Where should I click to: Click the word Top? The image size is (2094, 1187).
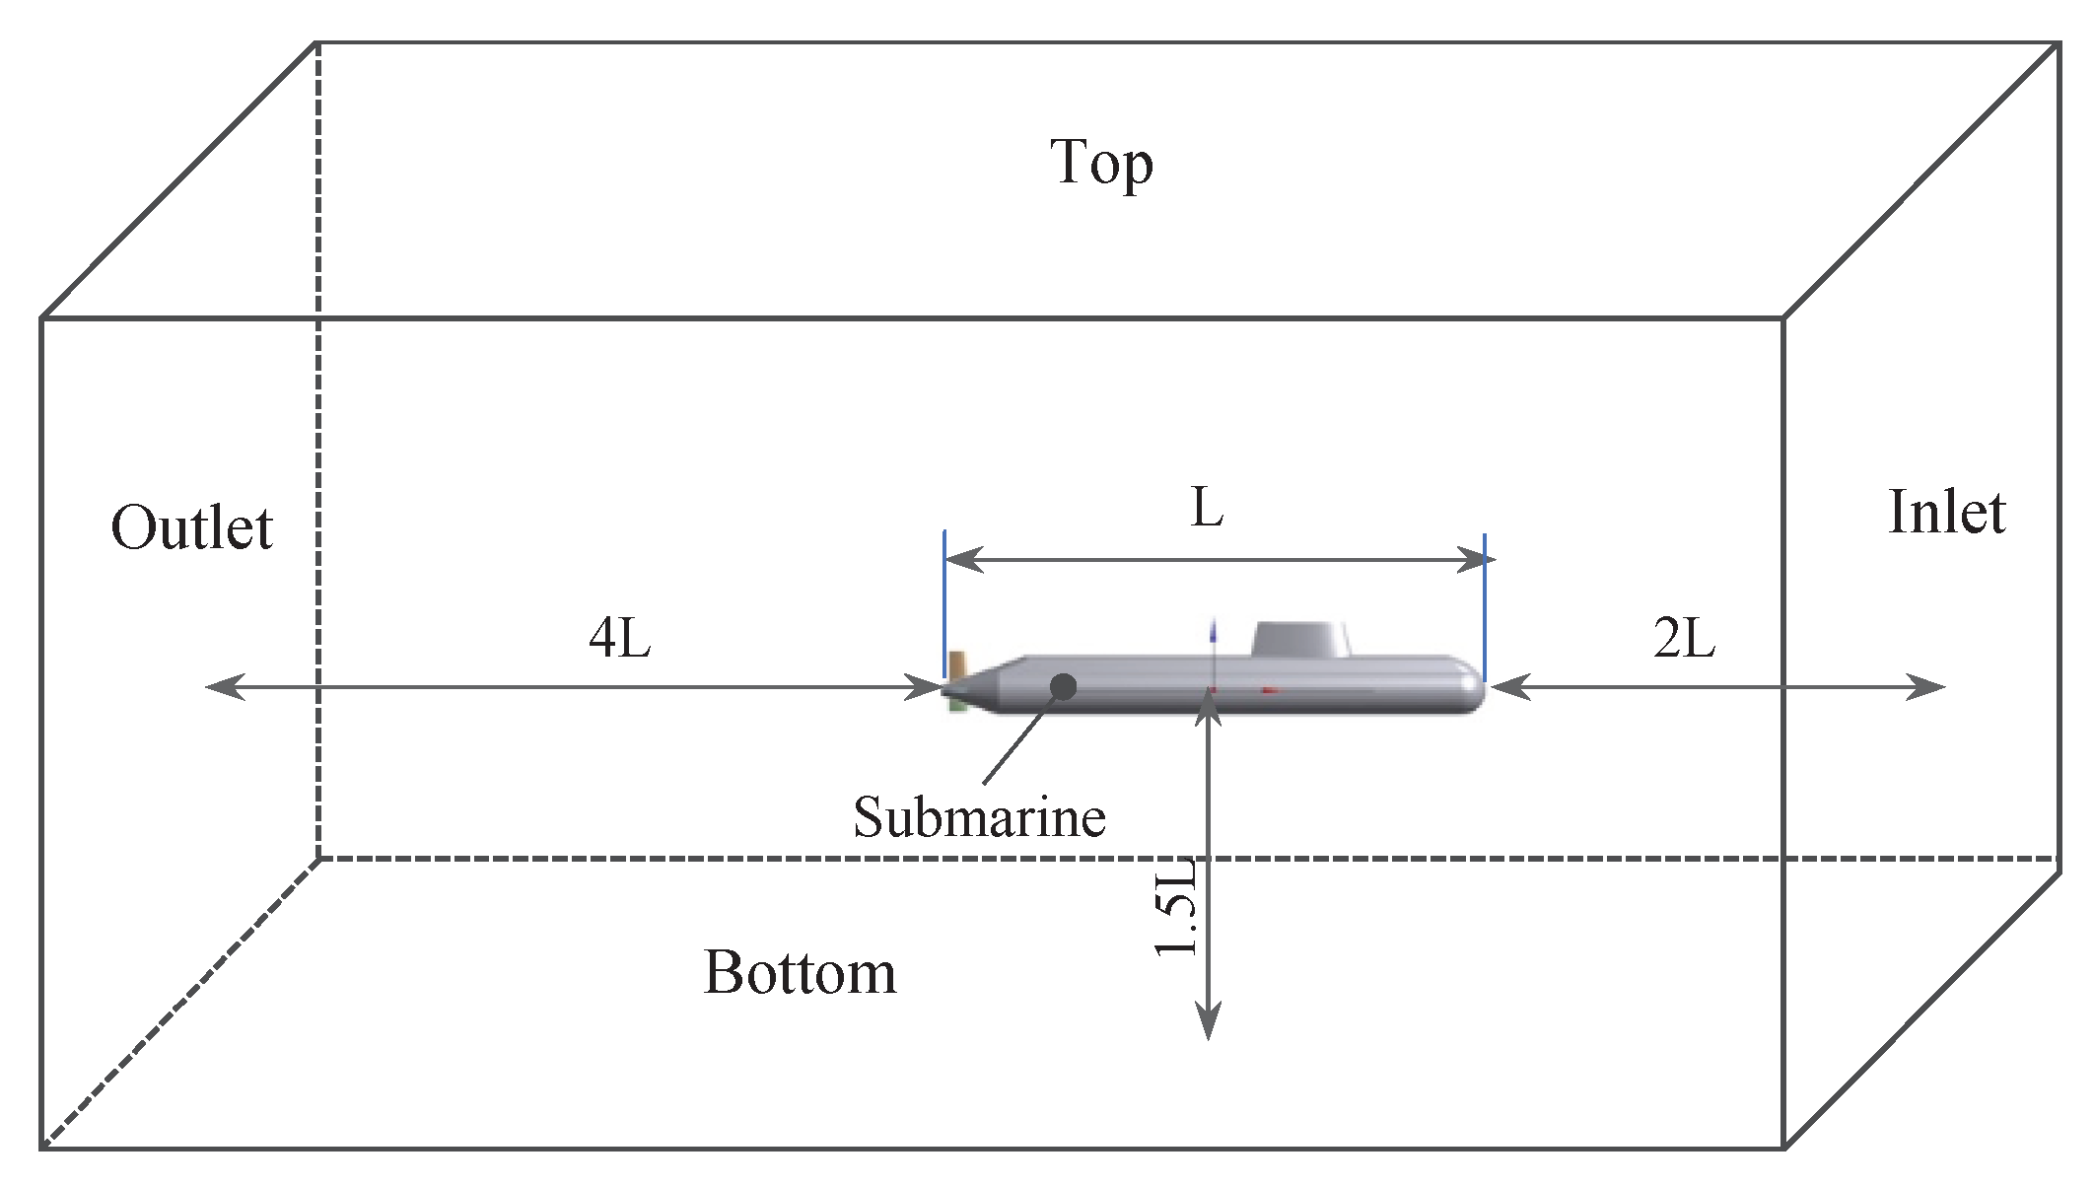coord(1101,163)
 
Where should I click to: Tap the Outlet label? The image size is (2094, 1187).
coord(191,527)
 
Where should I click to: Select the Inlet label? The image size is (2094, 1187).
coord(1946,513)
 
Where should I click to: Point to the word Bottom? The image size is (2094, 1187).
coord(800,973)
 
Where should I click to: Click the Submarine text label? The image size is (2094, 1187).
coord(979,817)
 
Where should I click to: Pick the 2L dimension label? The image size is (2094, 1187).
coord(1684,638)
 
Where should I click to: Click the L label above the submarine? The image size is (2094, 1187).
coord(1208,509)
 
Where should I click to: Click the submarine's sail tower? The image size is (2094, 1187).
coord(1300,639)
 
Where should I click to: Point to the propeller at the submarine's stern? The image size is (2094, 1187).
coord(954,680)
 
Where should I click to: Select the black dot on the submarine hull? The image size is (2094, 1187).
coord(1063,686)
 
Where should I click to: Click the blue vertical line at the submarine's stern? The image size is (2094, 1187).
coord(944,601)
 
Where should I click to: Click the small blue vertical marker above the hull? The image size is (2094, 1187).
coord(1213,631)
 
